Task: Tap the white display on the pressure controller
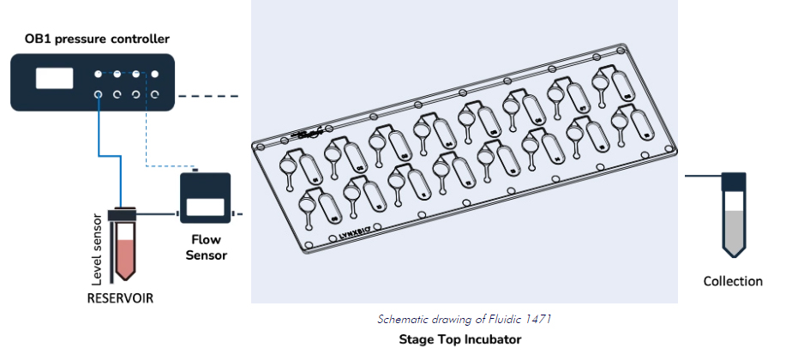point(55,78)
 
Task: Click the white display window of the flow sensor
point(205,207)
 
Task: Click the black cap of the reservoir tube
point(125,212)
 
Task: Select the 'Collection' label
point(732,281)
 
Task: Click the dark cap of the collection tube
point(733,180)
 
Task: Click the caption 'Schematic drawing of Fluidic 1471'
point(463,319)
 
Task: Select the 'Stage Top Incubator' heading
point(459,339)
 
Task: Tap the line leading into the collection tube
point(703,174)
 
